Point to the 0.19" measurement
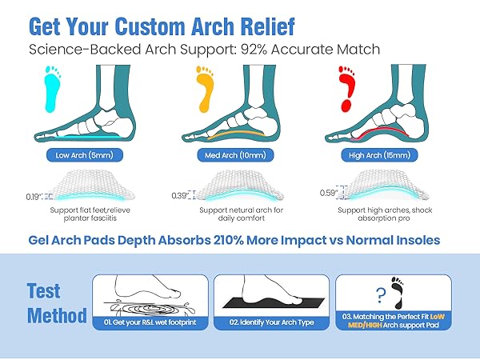click(x=34, y=195)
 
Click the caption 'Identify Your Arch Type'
click(x=259, y=322)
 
